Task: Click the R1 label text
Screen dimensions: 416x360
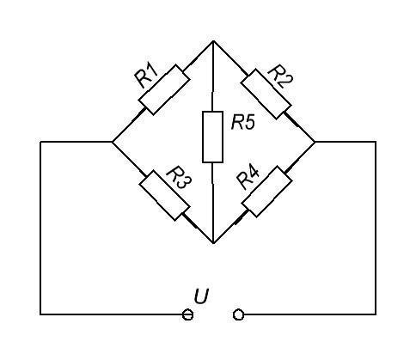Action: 146,76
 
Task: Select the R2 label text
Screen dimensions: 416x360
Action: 279,76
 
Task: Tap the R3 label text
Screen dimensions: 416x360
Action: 180,178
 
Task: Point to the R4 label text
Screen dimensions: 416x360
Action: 248,178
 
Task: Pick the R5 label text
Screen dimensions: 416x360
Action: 242,124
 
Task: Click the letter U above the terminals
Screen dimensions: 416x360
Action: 201,296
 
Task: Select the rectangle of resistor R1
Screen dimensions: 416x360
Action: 164,90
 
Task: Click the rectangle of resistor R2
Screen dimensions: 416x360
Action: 266,94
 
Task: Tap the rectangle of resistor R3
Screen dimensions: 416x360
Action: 164,195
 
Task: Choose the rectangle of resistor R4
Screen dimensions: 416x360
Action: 267,192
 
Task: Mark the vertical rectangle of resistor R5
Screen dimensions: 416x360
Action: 212,137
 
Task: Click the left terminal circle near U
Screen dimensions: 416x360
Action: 187,314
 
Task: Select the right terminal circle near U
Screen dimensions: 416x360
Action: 238,314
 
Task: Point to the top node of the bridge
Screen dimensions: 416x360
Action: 213,41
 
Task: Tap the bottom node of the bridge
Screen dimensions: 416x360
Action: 213,243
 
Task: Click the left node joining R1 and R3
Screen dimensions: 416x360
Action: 113,142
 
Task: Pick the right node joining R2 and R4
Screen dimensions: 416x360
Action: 315,142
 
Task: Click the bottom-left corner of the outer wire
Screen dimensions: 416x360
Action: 40,314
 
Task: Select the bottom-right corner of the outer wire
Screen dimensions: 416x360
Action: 376,314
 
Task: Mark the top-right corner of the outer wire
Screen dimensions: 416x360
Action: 376,142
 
